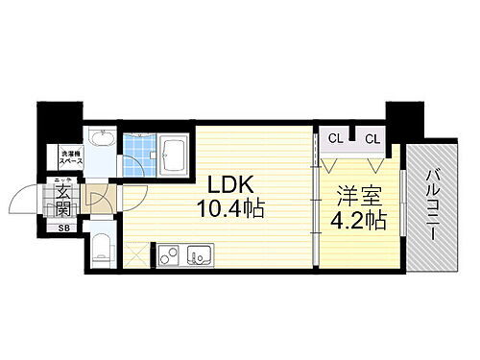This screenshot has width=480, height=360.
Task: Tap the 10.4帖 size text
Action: tap(230, 205)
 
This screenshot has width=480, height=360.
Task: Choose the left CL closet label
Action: tap(334, 138)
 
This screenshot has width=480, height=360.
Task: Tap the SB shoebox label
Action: tap(63, 228)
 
